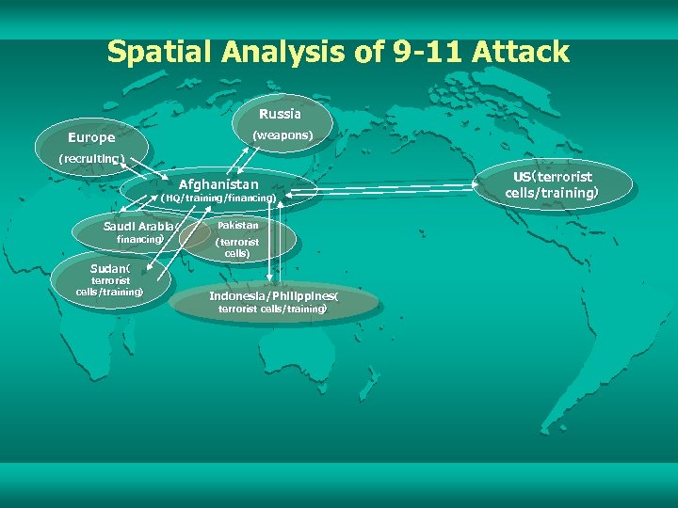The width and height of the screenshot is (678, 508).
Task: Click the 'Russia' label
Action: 280,114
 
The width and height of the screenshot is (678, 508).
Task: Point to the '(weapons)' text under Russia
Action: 282,135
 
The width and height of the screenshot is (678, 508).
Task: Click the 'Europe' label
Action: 91,137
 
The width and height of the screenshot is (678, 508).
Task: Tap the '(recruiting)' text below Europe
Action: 91,158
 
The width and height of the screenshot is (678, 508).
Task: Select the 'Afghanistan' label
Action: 218,183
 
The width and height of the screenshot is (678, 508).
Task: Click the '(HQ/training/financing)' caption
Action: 218,198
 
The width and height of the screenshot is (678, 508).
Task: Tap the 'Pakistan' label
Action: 237,226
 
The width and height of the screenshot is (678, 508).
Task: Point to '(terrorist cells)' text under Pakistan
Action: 237,248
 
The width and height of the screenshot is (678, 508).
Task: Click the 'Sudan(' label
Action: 109,267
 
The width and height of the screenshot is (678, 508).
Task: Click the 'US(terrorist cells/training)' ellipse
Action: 552,184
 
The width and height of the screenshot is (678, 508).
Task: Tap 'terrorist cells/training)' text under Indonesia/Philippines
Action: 273,310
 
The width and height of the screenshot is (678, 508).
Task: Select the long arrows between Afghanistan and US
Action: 395,188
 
